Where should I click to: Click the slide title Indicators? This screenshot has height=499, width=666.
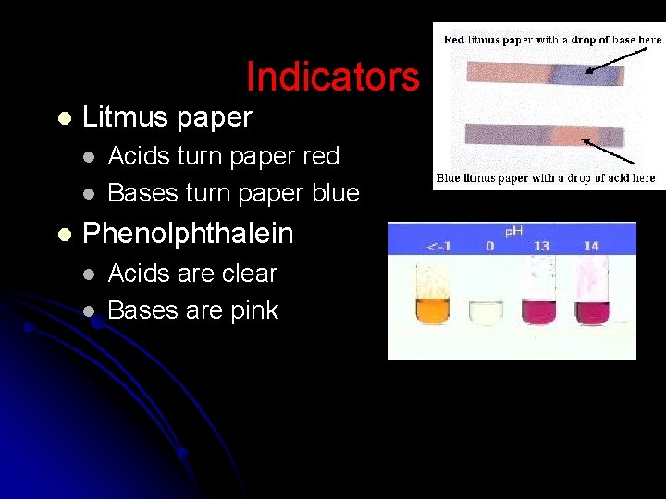[332, 77]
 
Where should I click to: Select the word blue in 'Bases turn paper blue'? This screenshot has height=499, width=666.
[333, 193]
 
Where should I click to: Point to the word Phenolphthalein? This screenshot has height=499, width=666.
[188, 234]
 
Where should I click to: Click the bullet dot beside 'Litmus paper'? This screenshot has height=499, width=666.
[63, 118]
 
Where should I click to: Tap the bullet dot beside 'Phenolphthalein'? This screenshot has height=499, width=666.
[63, 235]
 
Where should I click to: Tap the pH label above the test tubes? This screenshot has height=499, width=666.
[514, 230]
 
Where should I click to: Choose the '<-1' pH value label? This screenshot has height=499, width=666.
[438, 246]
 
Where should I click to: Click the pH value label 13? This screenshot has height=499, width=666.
[540, 246]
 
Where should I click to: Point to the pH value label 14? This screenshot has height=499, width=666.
[591, 246]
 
